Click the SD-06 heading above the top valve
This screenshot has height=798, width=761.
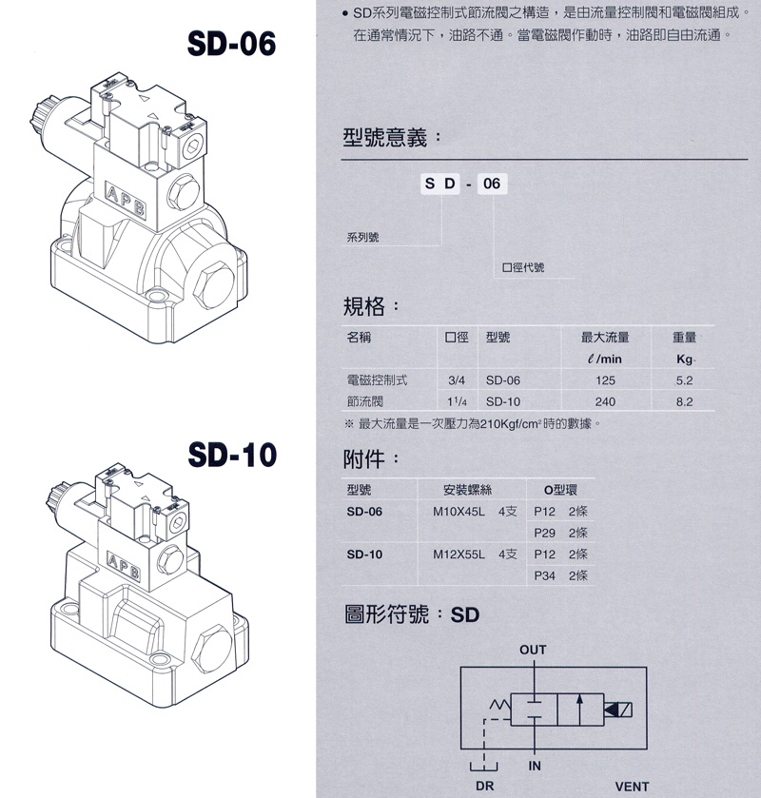coord(231,43)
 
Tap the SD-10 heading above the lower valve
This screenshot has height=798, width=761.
coord(232,455)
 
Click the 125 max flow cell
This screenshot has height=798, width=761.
coord(605,380)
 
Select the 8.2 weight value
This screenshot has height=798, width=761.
coord(684,401)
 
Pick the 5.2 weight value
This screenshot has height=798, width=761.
coord(684,380)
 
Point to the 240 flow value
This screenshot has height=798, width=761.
coord(605,401)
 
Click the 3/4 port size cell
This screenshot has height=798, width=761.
coord(457,380)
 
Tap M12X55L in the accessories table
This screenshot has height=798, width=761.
coord(459,555)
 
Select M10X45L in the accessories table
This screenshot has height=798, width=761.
coord(459,512)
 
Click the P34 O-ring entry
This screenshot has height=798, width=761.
coord(544,575)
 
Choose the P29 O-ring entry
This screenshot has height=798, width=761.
coord(544,533)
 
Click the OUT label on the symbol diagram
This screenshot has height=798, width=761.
coord(533,650)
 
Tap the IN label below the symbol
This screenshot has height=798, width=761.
coord(535,766)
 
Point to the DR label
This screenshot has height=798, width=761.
coord(484,787)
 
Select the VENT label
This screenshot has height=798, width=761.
coord(632,787)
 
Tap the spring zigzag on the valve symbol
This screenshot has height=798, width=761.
coord(499,705)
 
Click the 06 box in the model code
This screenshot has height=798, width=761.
coord(492,184)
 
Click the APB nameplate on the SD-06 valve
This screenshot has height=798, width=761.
coord(125,200)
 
